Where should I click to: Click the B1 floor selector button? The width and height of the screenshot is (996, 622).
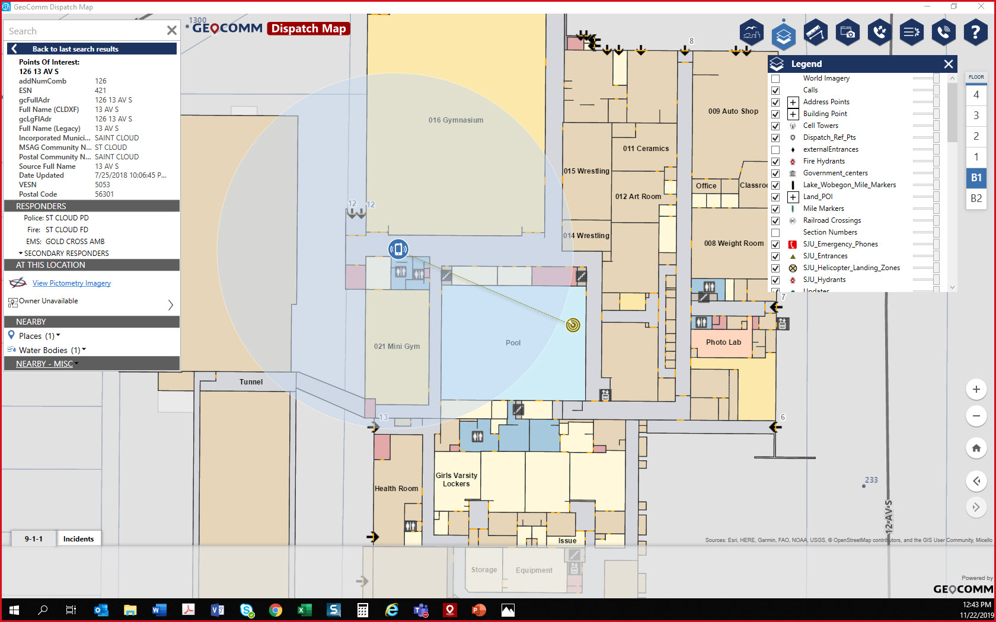pos(976,178)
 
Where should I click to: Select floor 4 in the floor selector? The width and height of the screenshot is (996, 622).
pos(976,95)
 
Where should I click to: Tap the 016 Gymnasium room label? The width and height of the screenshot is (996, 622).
pos(455,120)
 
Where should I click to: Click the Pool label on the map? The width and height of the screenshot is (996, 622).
pos(513,343)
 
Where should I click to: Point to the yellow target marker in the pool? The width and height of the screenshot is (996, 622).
pos(573,325)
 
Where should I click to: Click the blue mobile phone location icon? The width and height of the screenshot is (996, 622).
pos(398,249)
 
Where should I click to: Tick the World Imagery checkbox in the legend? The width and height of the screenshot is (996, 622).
pos(775,78)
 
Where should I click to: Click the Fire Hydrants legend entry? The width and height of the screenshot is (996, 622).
pos(823,161)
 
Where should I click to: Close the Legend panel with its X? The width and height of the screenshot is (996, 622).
pos(949,64)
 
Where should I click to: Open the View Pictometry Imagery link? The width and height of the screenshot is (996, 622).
pos(72,283)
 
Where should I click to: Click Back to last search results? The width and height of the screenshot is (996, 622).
pos(75,49)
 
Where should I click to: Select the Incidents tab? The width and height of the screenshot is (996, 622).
pos(78,538)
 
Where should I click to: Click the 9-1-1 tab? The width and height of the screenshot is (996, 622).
pos(34,538)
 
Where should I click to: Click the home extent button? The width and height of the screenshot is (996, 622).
pos(976,448)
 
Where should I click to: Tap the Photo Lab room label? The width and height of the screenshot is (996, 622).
pos(723,342)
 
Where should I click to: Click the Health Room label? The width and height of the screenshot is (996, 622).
pos(396,489)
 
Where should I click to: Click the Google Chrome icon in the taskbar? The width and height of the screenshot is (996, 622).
pos(276,610)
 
